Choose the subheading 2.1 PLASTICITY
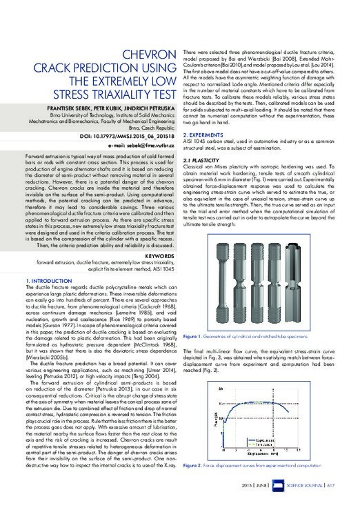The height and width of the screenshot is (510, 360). [208, 159]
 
